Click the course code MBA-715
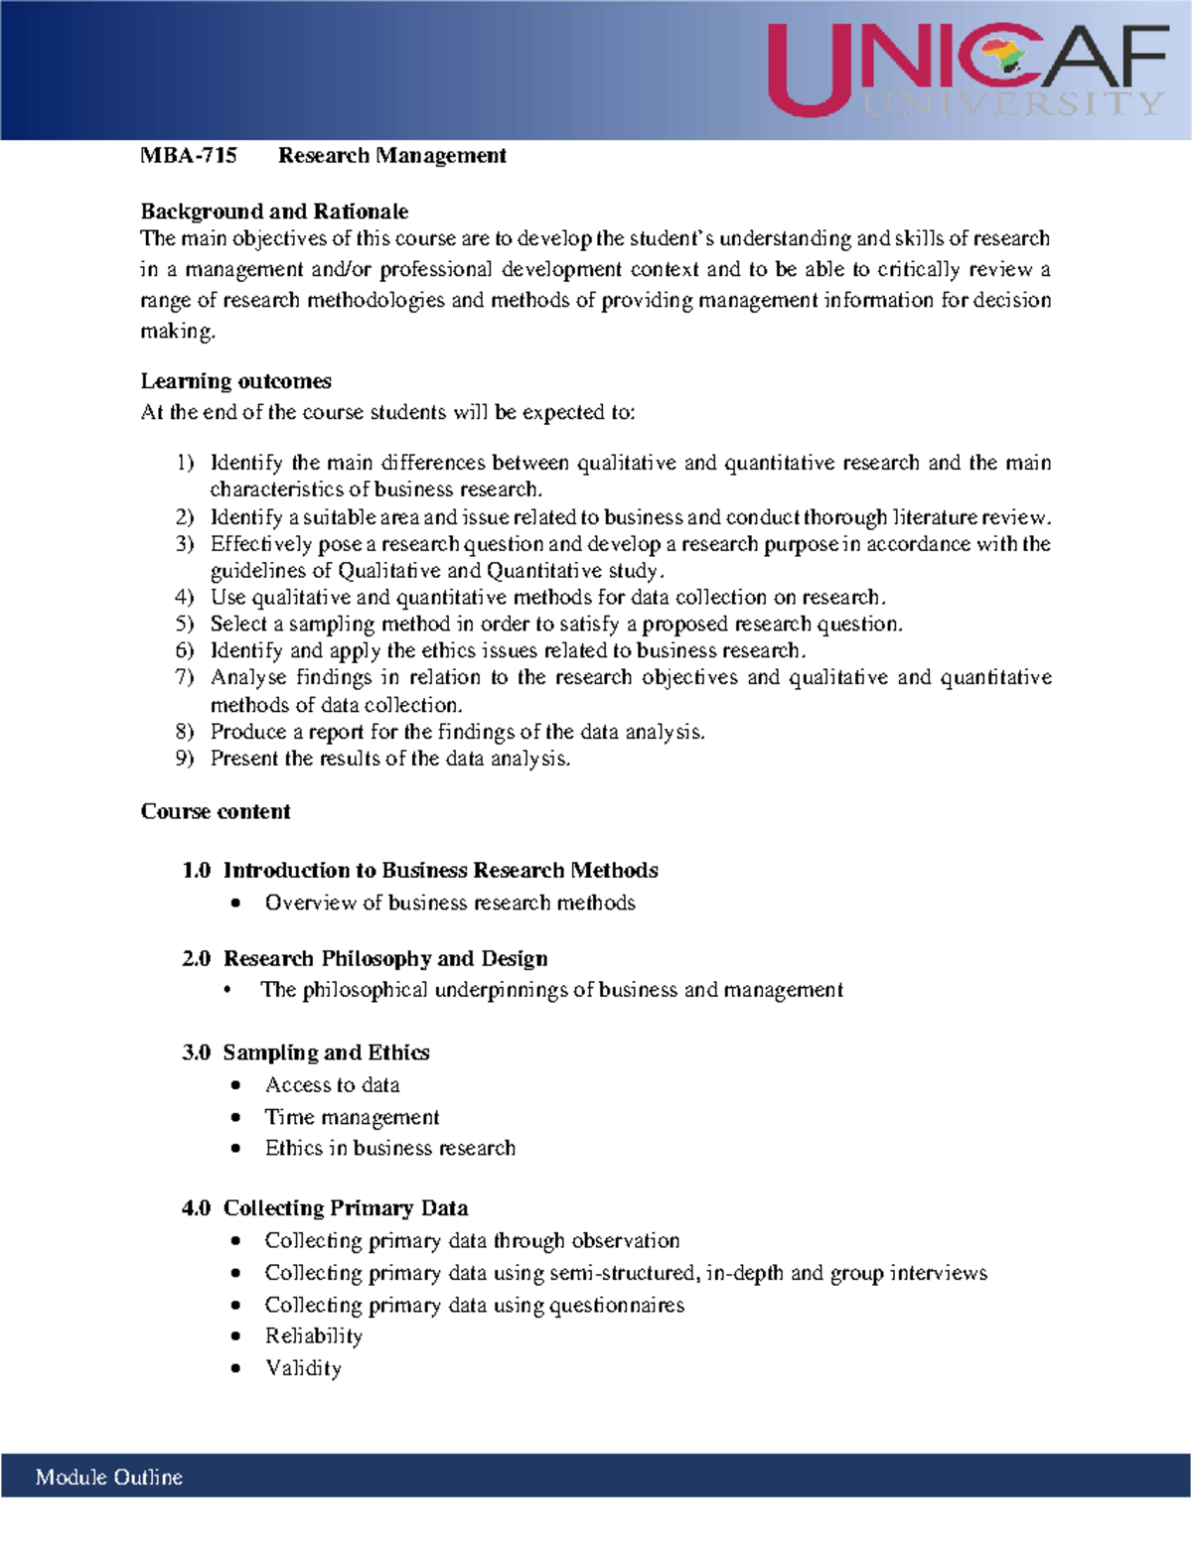point(189,156)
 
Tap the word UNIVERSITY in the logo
point(1012,104)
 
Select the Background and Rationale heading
point(274,211)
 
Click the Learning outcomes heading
point(235,381)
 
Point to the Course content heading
point(216,811)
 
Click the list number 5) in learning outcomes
point(185,625)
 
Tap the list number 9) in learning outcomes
point(185,759)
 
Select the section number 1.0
point(196,871)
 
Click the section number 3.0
point(196,1052)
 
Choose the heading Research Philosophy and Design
point(385,958)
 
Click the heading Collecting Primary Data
point(346,1208)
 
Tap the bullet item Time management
point(352,1117)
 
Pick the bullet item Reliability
point(314,1336)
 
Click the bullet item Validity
point(303,1368)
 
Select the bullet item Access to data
point(333,1085)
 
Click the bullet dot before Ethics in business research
point(235,1148)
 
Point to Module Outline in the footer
point(109,1477)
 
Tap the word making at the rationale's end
point(177,332)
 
